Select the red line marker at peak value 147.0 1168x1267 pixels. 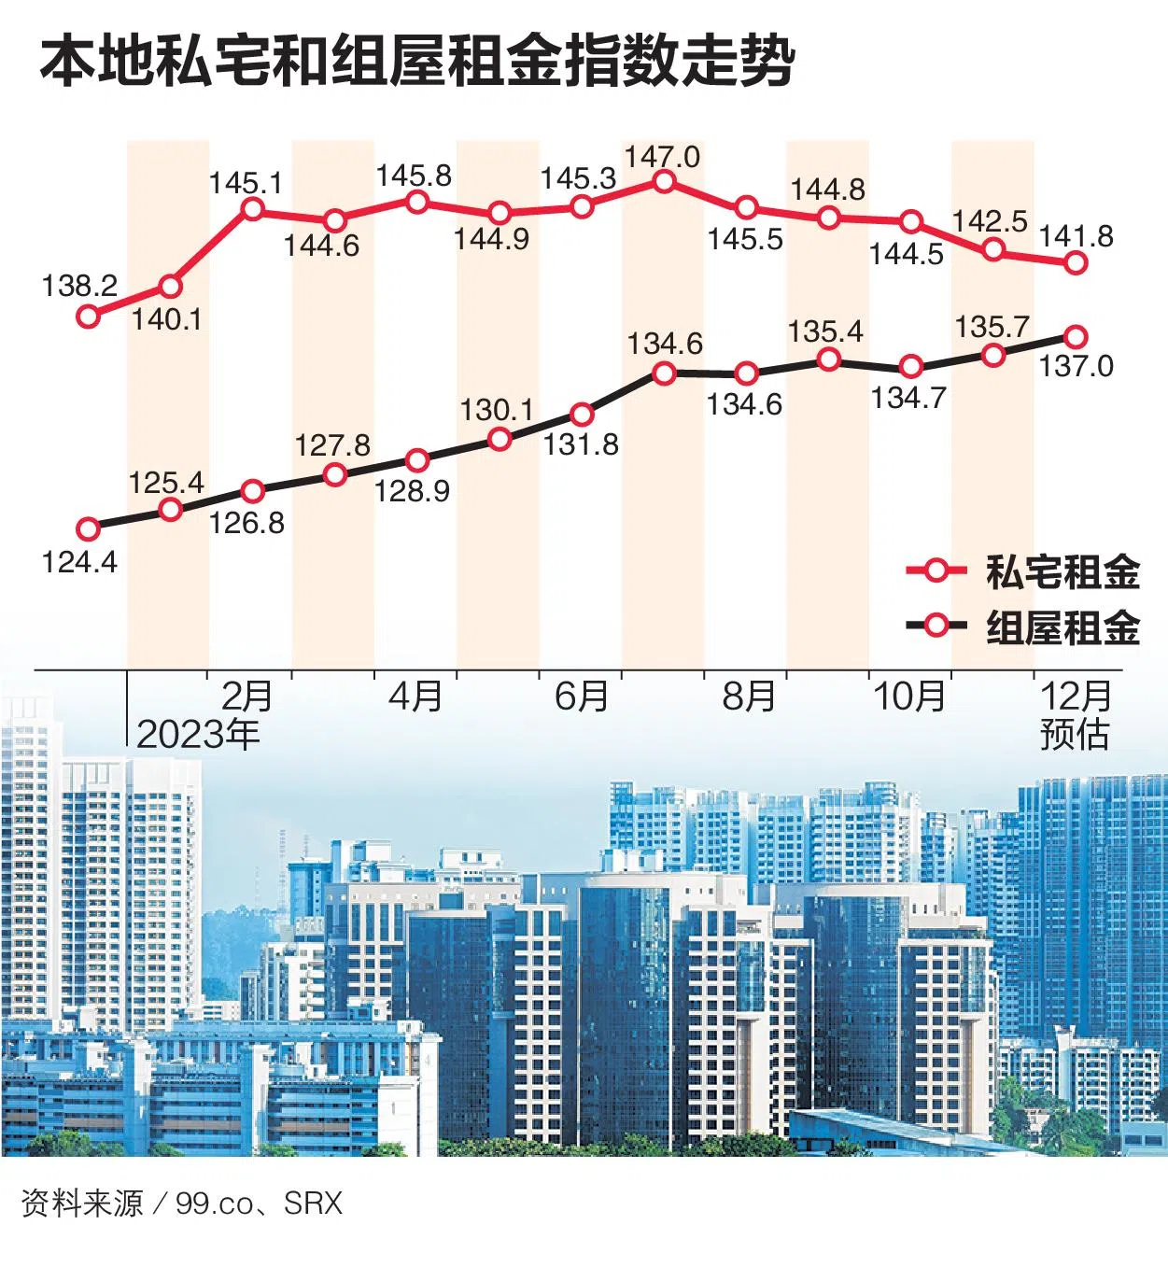(664, 181)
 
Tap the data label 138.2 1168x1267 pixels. (79, 286)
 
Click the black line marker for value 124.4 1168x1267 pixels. (89, 529)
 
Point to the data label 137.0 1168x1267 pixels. (1077, 366)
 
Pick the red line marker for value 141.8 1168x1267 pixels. (1076, 263)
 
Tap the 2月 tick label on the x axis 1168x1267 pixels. (247, 696)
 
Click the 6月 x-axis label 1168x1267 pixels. (581, 696)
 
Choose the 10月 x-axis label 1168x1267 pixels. (908, 696)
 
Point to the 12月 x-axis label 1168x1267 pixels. (1076, 696)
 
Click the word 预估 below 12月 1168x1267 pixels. (1076, 735)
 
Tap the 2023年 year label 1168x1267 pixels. (198, 735)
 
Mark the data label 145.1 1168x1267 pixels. (246, 182)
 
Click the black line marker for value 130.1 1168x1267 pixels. (500, 440)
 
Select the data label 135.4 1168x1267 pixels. (825, 331)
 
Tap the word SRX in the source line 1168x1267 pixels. (314, 1204)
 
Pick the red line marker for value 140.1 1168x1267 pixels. (171, 287)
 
